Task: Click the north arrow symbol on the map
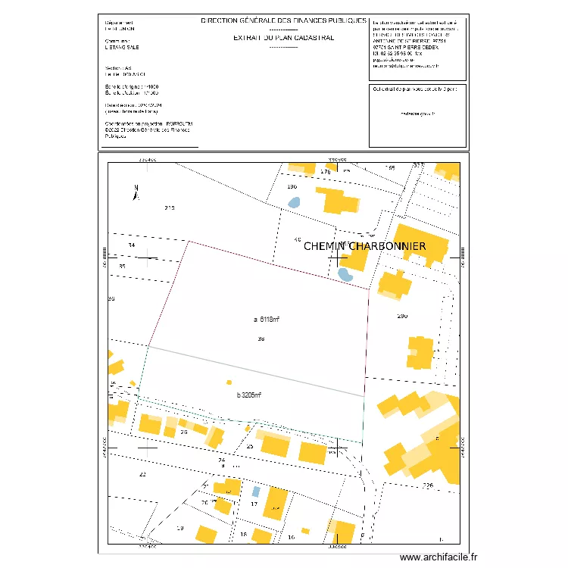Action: (x=136, y=192)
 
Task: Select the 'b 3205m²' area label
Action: (x=249, y=395)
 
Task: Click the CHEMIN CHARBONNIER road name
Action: (x=365, y=246)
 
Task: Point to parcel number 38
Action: (x=261, y=339)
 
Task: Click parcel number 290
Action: (x=402, y=316)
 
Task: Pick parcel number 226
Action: (x=427, y=485)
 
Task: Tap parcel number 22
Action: (x=142, y=474)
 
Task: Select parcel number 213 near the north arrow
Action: (x=170, y=208)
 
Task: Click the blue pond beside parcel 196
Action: (x=294, y=203)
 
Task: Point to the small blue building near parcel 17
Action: (x=256, y=491)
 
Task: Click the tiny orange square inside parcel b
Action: (x=229, y=382)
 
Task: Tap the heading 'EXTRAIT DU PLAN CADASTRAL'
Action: (x=283, y=37)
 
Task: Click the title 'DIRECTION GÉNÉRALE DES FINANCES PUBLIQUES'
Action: (x=283, y=21)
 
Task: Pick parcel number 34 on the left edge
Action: (x=132, y=246)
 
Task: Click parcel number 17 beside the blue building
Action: (x=254, y=504)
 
